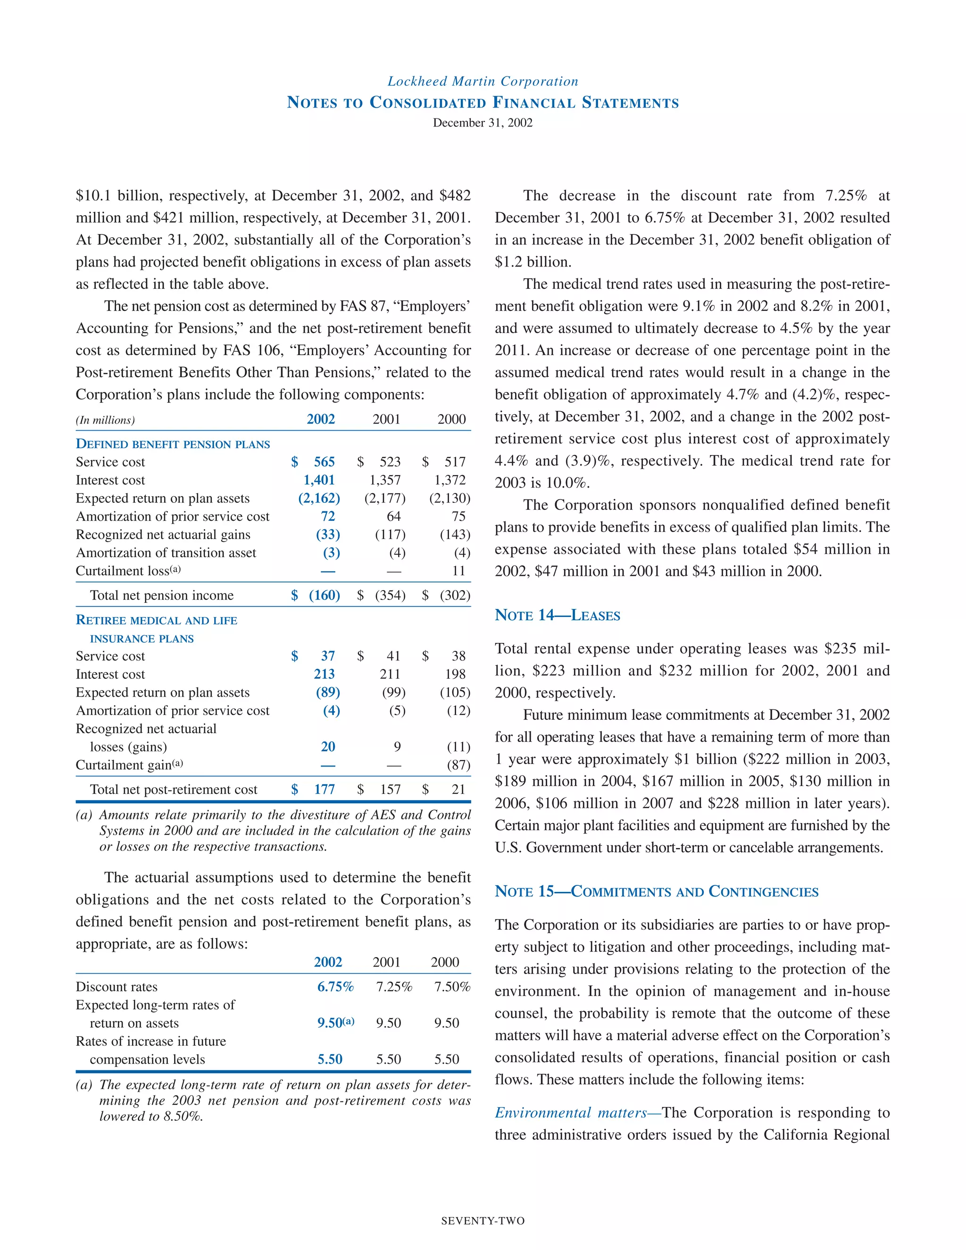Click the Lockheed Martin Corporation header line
click(483, 81)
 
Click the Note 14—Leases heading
click(557, 615)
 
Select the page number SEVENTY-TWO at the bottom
click(483, 1221)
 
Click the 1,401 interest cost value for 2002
click(319, 480)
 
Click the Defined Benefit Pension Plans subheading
click(173, 444)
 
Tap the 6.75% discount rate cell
click(335, 987)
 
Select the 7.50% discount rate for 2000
click(451, 987)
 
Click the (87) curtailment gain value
click(458, 765)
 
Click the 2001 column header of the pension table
click(386, 419)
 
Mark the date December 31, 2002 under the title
click(483, 123)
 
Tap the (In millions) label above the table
click(105, 420)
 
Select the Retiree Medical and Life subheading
click(156, 620)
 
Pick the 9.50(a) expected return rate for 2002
click(335, 1023)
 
